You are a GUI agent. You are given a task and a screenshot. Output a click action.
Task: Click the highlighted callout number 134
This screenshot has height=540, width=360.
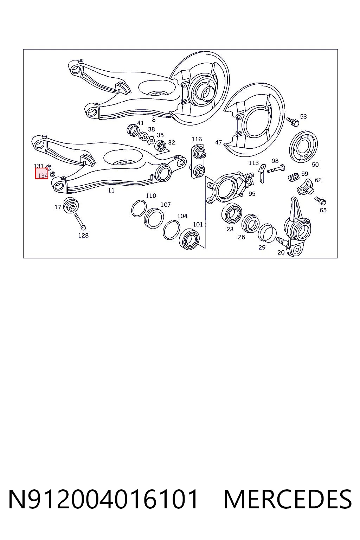tap(43, 175)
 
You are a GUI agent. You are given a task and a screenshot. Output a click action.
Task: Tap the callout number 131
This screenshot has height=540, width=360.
tap(39, 166)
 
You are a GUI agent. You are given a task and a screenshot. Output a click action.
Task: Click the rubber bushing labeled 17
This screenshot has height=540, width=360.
tap(71, 205)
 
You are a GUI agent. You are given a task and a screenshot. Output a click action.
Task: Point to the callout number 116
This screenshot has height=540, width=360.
tap(197, 139)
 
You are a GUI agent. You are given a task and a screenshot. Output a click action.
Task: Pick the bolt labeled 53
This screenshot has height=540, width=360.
tap(293, 122)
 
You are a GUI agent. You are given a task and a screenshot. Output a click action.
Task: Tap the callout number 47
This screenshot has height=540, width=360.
tap(218, 142)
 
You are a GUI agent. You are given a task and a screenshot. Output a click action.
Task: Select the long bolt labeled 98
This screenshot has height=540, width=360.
tap(276, 169)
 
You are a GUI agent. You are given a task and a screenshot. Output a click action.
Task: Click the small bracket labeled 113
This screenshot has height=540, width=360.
tap(262, 173)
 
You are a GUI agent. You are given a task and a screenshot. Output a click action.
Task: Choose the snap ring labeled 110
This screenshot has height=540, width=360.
tap(139, 208)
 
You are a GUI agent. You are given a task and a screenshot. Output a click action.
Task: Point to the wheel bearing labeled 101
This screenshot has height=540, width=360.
tap(189, 240)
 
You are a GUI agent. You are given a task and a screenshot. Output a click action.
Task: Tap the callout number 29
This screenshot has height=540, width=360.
tap(262, 247)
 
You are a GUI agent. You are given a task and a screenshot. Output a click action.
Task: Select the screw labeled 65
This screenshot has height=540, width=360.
tap(320, 201)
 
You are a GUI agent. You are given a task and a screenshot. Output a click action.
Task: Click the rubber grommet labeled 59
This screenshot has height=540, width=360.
tap(294, 178)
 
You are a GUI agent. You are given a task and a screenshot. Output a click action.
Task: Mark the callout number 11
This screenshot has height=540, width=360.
tap(111, 191)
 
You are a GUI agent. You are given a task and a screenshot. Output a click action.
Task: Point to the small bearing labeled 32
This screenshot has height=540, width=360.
tap(160, 146)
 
